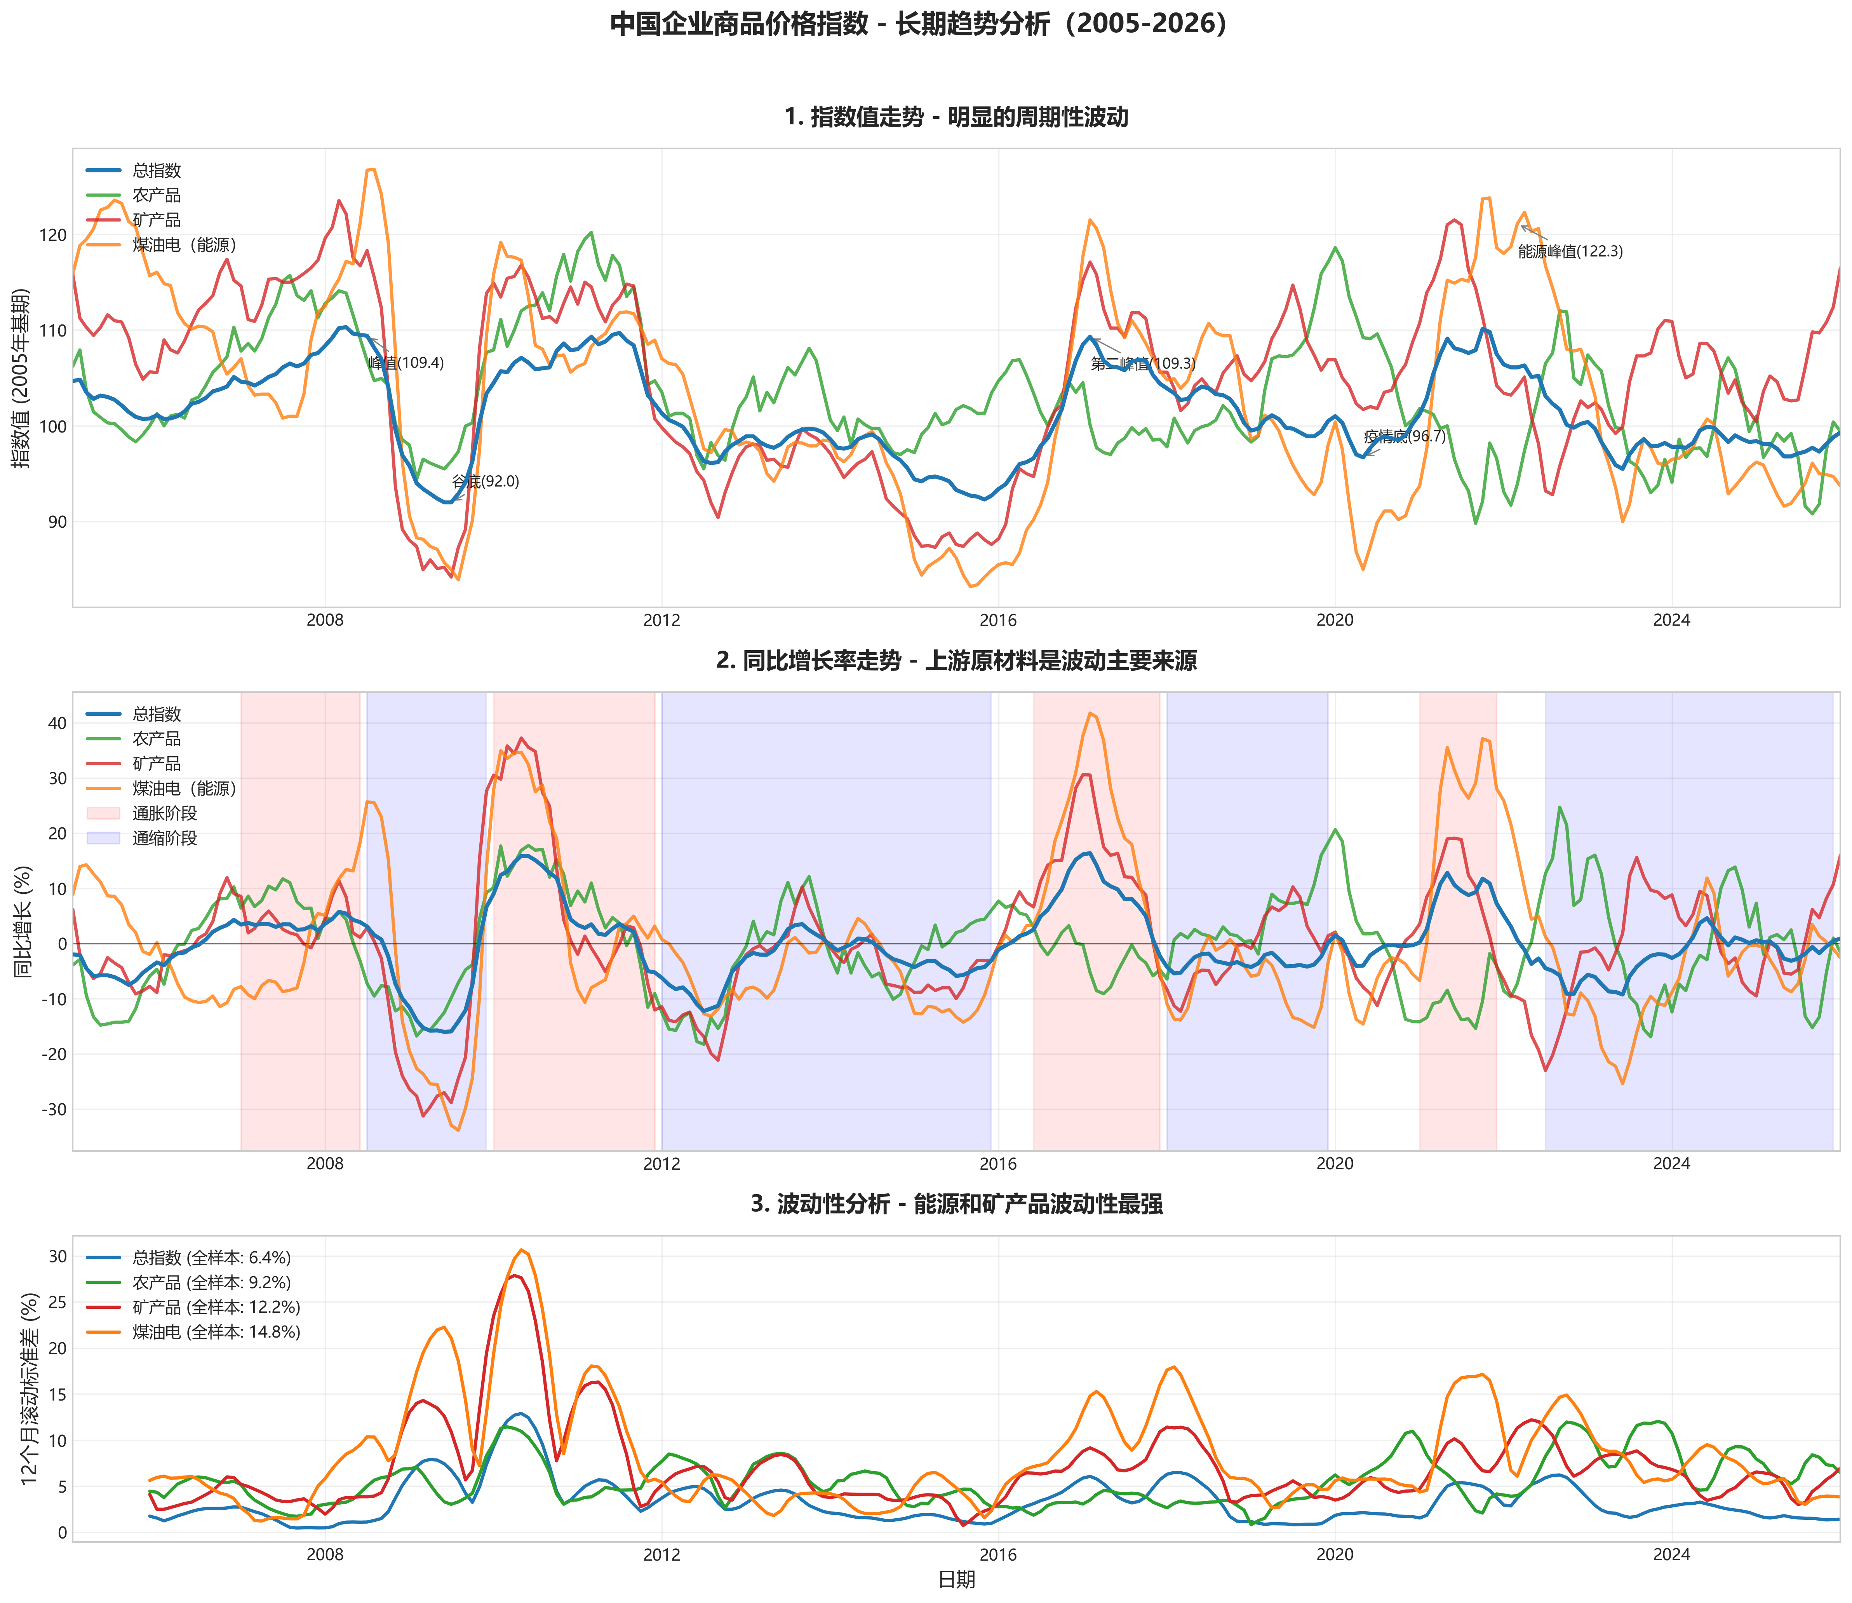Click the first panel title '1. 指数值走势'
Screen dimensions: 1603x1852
[956, 117]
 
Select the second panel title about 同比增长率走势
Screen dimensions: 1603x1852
[956, 661]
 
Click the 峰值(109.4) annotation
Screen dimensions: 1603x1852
[406, 363]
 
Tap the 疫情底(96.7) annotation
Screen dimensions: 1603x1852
[1404, 436]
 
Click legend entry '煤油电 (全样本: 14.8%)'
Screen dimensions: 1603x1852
[216, 1332]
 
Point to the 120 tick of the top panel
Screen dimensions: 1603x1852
[54, 235]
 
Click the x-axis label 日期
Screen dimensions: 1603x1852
[956, 1580]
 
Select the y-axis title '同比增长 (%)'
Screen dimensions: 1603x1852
[23, 921]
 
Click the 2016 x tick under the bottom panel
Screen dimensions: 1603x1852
[998, 1555]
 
